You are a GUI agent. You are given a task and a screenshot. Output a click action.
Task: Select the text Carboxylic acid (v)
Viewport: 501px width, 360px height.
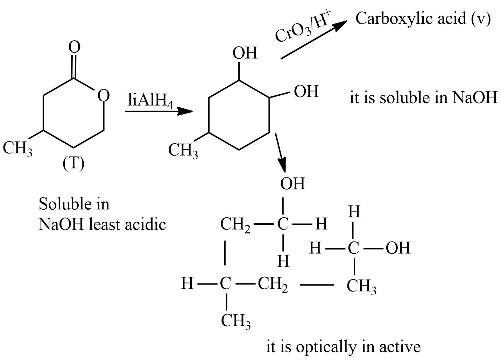(423, 19)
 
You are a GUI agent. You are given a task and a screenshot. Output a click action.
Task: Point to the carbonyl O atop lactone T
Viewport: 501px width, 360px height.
(74, 47)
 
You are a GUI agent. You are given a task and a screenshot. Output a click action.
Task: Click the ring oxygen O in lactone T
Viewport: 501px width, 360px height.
(103, 95)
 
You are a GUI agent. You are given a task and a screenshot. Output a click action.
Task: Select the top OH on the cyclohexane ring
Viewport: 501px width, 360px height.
(245, 53)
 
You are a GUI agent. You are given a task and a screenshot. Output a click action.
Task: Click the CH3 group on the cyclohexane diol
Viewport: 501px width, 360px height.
(183, 151)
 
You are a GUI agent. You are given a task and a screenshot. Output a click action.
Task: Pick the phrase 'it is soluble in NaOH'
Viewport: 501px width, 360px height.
(423, 98)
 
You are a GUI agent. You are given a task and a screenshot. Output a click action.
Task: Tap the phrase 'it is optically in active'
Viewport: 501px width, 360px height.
(343, 347)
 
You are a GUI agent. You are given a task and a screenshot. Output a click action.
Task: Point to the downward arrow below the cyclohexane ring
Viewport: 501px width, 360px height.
(281, 152)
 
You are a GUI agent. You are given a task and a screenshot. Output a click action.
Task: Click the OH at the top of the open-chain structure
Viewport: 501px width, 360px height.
(292, 184)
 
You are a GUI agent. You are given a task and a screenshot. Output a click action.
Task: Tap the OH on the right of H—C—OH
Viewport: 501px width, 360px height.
(398, 248)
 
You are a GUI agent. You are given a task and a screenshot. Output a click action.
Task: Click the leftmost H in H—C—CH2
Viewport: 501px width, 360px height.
(187, 284)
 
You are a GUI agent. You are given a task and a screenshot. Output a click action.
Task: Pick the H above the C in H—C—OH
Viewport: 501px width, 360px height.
(354, 212)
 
